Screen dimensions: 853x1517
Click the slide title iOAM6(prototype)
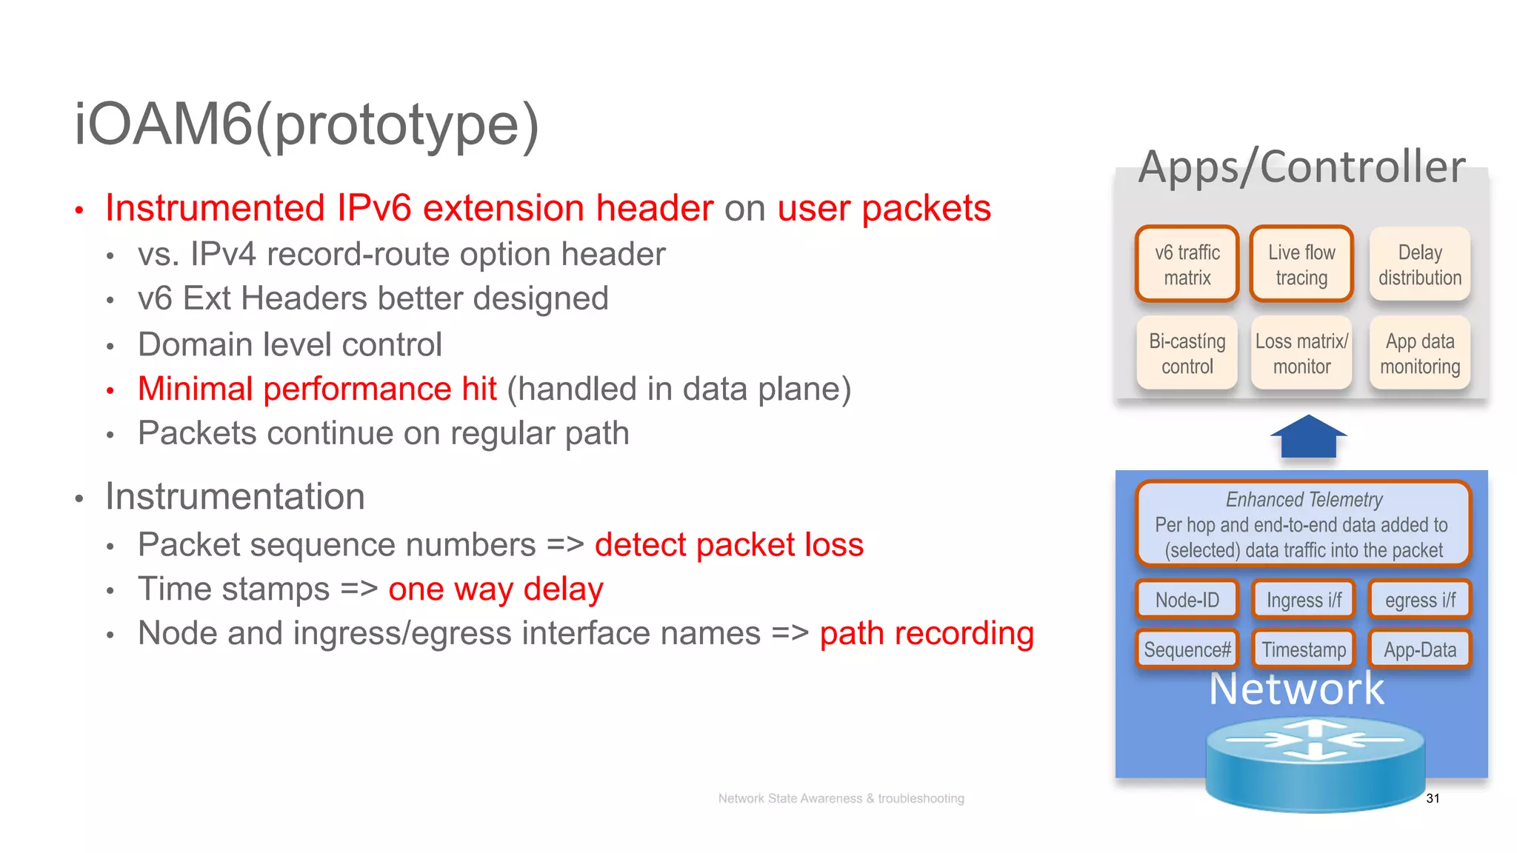coord(307,124)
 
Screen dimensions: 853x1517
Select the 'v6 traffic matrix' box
coord(1187,264)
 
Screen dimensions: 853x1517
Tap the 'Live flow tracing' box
coord(1301,264)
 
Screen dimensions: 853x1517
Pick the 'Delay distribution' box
coord(1419,264)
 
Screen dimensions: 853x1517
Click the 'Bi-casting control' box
coord(1187,353)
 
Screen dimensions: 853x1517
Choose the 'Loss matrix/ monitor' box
coord(1301,353)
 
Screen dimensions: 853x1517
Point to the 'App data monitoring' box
coord(1419,353)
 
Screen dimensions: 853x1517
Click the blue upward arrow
coord(1308,438)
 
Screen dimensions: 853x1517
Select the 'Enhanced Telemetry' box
coord(1303,523)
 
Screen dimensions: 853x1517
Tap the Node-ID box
coord(1187,600)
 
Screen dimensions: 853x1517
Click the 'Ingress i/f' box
coord(1303,600)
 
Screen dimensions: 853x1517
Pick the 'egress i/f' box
coord(1419,600)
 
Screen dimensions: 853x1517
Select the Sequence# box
coord(1187,649)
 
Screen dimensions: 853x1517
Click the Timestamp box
coord(1303,649)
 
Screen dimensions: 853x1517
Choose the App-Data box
coord(1419,649)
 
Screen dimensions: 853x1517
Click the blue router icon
coord(1315,766)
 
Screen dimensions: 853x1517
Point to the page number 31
coord(1433,798)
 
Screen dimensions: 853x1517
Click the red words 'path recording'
coord(926,634)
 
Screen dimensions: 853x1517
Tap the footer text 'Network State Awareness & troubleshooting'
coord(841,798)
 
